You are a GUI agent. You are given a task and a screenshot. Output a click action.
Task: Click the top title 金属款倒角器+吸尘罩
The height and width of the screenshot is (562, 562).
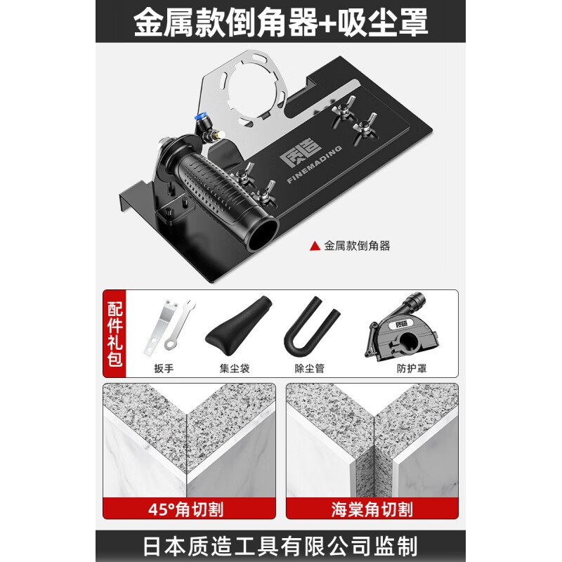(281, 22)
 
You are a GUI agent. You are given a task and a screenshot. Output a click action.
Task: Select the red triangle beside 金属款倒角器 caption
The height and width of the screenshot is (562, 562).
(314, 246)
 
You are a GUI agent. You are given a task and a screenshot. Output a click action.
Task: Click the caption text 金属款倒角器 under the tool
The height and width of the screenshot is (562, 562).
(356, 246)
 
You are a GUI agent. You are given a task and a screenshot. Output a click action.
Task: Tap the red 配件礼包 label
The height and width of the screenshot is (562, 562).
(115, 334)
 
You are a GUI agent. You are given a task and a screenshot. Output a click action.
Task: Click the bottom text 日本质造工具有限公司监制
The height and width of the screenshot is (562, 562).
(281, 546)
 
